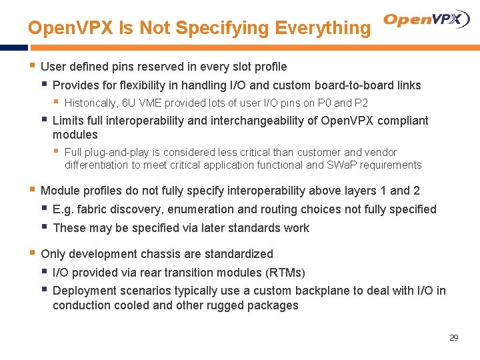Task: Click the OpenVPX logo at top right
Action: coord(427,20)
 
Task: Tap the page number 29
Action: coord(453,338)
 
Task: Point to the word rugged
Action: coord(225,305)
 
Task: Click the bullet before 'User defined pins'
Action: coord(32,66)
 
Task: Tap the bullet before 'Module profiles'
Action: coord(32,190)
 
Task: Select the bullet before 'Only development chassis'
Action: coord(32,253)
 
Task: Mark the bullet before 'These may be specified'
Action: coord(44,227)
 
